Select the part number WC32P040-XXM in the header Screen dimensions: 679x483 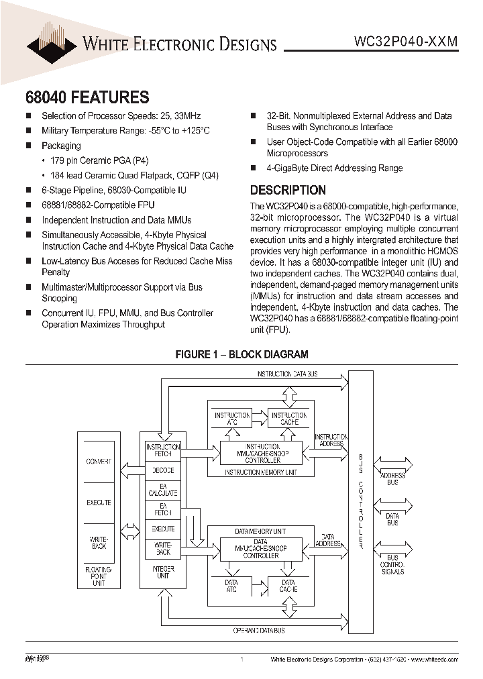pos(405,41)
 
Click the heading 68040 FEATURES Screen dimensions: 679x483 pos(87,97)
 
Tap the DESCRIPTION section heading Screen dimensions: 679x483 pos(288,190)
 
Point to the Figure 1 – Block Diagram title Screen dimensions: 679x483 pos(241,354)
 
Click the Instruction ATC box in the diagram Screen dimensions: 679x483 pos(231,419)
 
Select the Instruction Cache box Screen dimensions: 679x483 pos(288,419)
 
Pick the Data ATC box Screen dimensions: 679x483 pos(231,586)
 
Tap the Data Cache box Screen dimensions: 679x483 pos(288,586)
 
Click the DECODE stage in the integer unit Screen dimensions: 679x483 pos(162,470)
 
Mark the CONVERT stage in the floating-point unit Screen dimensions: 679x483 pos(99,462)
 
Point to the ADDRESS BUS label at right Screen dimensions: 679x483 pos(392,478)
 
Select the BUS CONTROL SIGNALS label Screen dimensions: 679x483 pos(392,564)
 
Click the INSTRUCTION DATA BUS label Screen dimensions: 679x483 pos(288,374)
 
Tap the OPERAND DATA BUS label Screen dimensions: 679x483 pos(259,630)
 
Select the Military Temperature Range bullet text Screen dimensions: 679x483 pos(125,131)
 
